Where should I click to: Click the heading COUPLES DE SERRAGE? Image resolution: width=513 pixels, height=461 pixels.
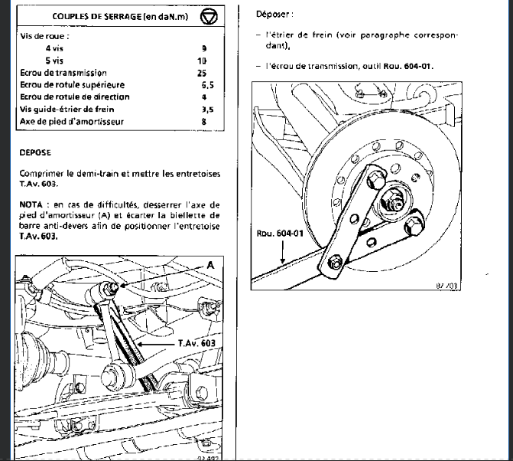[105, 15]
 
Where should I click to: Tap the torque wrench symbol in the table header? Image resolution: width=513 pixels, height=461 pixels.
[209, 15]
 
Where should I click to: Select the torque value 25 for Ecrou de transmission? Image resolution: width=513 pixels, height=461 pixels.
[203, 72]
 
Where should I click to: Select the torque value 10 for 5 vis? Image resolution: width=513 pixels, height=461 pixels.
[203, 60]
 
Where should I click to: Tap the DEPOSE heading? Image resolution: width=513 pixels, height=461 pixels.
[35, 152]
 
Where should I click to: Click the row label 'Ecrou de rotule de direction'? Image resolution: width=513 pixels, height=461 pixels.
[76, 96]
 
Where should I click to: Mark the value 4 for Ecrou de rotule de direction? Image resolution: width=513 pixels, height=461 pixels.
[204, 96]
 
